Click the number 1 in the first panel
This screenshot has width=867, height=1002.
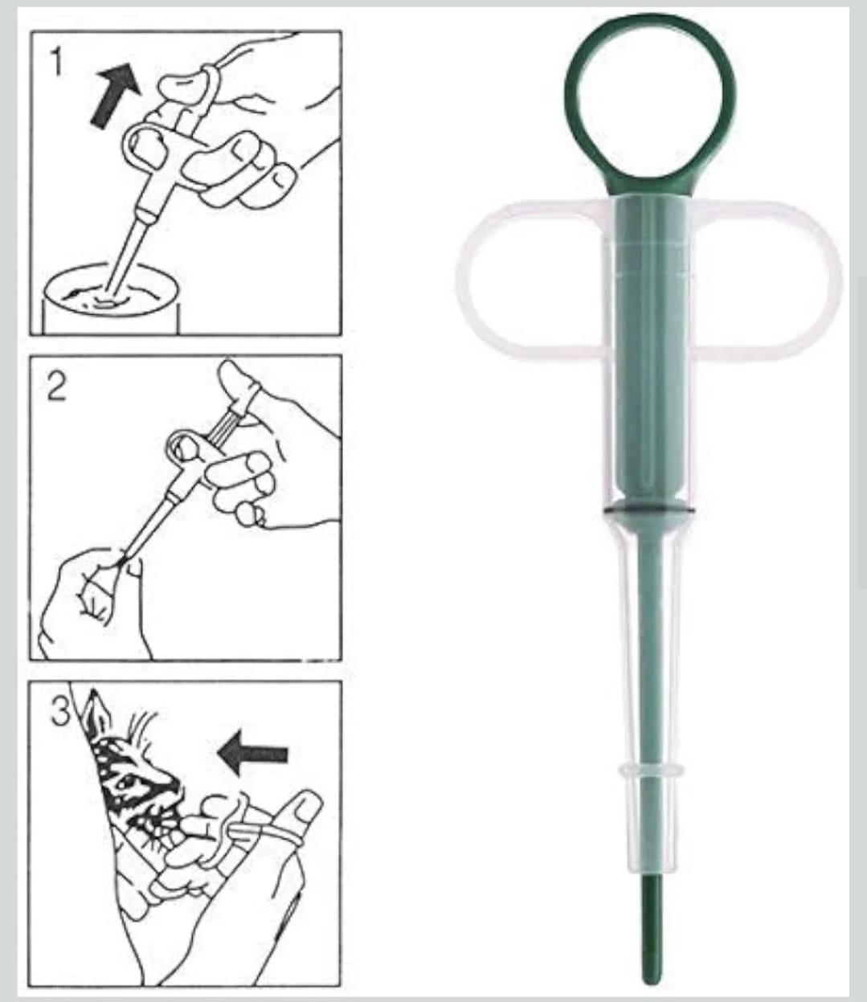coord(55,62)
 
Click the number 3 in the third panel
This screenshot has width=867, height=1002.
coord(60,712)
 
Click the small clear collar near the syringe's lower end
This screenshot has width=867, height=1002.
coord(650,771)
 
